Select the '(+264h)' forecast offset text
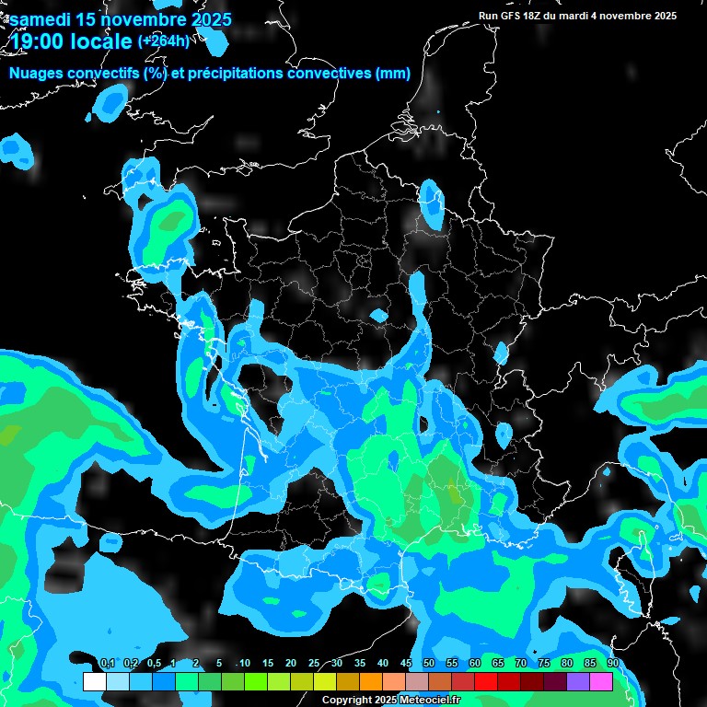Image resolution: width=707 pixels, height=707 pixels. point(164,41)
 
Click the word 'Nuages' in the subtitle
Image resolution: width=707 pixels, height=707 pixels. point(36,74)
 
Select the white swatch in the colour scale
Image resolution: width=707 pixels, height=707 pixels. point(95,682)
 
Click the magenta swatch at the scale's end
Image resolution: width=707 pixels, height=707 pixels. point(601,682)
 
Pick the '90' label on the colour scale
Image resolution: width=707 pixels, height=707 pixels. point(613,664)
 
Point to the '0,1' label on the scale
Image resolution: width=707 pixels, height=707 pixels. point(107,664)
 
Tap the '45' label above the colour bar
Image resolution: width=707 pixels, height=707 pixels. point(406,664)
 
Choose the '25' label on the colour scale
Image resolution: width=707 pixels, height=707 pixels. point(314,664)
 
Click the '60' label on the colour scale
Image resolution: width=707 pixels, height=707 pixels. point(475,664)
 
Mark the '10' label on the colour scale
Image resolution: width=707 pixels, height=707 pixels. point(245,664)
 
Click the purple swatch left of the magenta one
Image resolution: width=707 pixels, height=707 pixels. point(578,682)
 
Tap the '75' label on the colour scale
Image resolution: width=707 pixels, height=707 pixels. point(544,664)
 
